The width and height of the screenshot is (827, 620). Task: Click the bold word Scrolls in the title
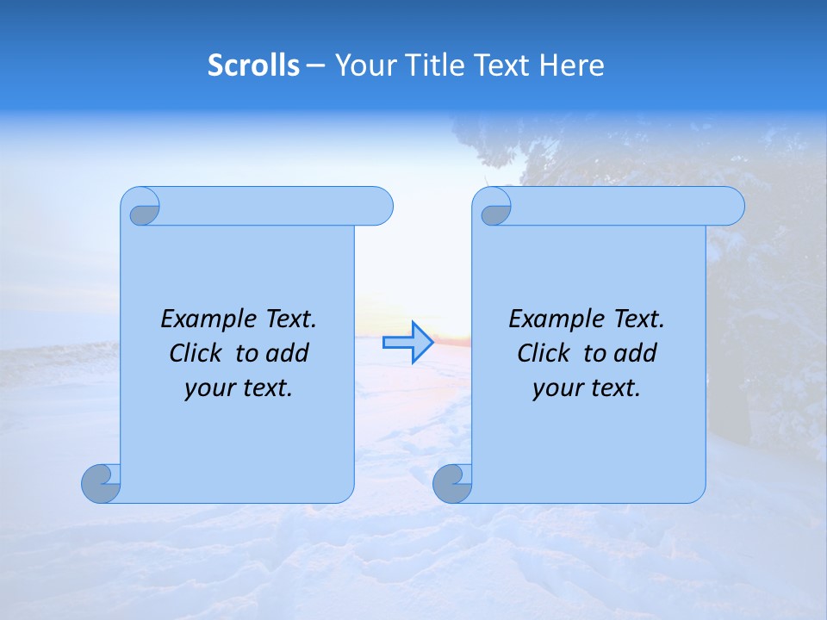click(x=253, y=65)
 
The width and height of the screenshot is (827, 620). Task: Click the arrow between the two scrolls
click(x=407, y=343)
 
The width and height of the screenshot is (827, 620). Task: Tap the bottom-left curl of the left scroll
click(x=102, y=484)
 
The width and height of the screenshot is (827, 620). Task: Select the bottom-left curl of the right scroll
click(x=452, y=484)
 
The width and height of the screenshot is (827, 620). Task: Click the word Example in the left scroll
click(x=205, y=319)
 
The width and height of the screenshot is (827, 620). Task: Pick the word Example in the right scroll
click(x=553, y=319)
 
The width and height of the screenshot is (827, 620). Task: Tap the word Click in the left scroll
click(x=196, y=353)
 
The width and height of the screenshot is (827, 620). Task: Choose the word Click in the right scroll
click(x=544, y=353)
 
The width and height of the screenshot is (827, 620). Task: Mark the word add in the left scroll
click(x=289, y=353)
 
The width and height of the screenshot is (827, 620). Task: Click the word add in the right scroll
click(x=637, y=353)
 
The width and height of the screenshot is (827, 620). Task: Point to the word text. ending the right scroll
click(x=612, y=388)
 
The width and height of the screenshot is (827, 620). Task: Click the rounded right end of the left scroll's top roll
click(x=379, y=207)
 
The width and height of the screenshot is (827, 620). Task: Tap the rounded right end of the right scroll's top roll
click(x=731, y=207)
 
